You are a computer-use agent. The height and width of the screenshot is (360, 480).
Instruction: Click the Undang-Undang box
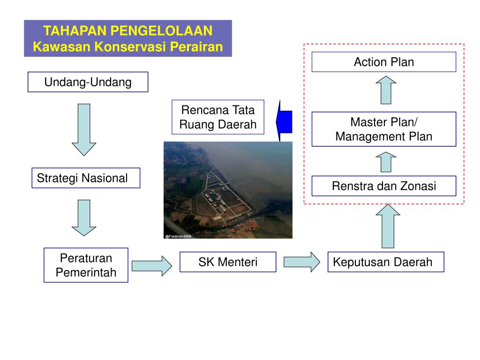coord(88,82)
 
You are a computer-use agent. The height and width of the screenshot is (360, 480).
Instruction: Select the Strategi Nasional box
coord(86,178)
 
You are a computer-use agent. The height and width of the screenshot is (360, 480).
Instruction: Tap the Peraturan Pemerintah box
coord(86,265)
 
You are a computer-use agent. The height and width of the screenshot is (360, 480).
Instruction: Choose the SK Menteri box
coord(228,262)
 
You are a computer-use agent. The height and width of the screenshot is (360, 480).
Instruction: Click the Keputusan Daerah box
coord(385,262)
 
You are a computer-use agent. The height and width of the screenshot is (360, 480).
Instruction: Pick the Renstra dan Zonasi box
coord(383,186)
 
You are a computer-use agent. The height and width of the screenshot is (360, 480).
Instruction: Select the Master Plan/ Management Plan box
coord(383,129)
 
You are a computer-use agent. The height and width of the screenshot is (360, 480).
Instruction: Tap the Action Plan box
coord(383,61)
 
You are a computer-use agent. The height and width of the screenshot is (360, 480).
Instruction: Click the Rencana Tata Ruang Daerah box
coord(218,117)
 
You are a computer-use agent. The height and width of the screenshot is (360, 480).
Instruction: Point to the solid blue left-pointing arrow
coord(284,121)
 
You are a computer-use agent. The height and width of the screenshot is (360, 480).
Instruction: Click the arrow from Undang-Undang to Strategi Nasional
coord(84,129)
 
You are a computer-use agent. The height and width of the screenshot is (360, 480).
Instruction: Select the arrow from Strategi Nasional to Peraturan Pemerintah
coord(84,217)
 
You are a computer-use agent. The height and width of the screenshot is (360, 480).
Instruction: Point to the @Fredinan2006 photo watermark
coord(179,236)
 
